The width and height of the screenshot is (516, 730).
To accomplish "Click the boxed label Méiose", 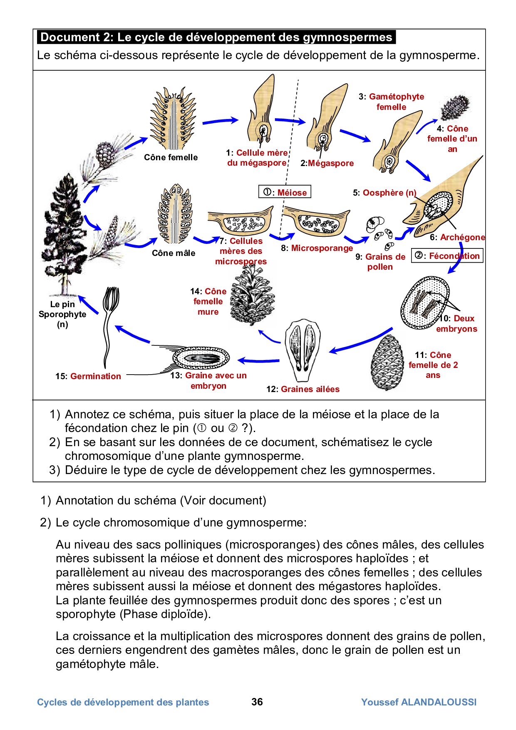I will tap(285, 192).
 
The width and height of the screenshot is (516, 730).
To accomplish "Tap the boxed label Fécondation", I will tap(447, 256).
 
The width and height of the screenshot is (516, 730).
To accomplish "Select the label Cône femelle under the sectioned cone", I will tap(171, 157).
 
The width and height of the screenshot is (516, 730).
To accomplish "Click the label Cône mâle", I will tap(174, 253).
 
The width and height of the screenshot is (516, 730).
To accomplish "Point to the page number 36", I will tap(257, 702).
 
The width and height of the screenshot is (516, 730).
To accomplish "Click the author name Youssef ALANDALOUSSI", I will tap(419, 702).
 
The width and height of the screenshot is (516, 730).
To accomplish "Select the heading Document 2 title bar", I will tap(216, 37).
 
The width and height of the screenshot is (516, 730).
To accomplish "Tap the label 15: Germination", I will tap(88, 376).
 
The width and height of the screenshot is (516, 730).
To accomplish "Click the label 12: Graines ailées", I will tap(303, 389).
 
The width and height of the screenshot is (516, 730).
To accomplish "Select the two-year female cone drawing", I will tap(387, 362).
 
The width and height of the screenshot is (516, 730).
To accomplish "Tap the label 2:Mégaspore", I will tap(327, 163).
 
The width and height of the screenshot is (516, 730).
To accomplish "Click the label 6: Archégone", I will tap(457, 237).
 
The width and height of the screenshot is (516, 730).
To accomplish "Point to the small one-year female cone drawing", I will tap(455, 107).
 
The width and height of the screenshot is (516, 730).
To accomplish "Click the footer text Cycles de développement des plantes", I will tap(123, 702).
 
